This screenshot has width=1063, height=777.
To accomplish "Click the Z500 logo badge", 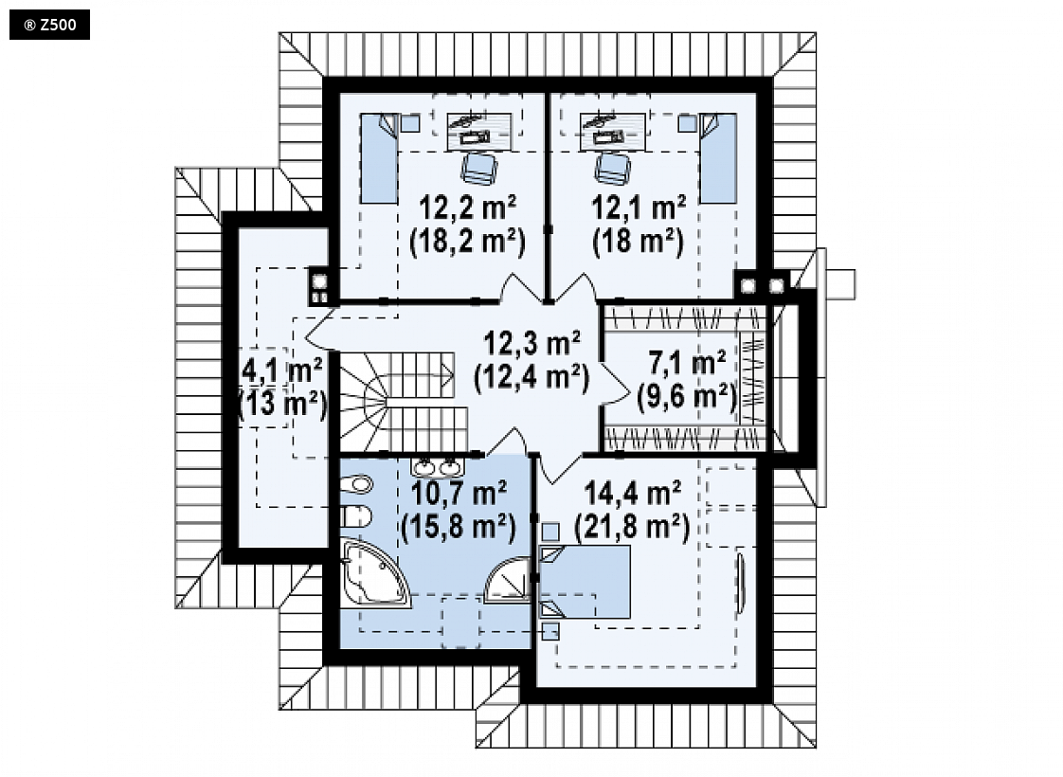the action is [49, 25].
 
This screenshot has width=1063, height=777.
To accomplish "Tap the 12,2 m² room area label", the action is [467, 207].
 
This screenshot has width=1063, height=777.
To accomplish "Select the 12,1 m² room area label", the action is [639, 207].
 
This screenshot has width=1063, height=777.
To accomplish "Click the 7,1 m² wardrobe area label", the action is [688, 363].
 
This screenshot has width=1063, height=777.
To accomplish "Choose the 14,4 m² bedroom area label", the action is [633, 493].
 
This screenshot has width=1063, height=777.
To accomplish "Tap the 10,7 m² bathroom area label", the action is [459, 493].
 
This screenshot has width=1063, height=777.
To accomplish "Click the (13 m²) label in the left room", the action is [282, 405].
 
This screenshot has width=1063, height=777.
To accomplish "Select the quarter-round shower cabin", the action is [509, 580].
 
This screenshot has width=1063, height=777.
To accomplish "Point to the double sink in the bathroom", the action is [437, 466].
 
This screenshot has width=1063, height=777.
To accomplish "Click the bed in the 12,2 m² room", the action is [379, 158].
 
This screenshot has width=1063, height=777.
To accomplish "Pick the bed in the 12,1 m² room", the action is [718, 158].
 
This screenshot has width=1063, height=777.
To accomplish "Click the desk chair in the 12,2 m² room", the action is [479, 168].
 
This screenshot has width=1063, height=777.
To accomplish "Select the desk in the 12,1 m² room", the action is [613, 131].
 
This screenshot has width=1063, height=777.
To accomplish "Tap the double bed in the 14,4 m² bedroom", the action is [584, 582].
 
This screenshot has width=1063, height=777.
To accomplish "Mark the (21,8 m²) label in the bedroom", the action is [632, 527].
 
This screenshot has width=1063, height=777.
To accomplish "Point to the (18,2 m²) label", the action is [468, 242].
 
